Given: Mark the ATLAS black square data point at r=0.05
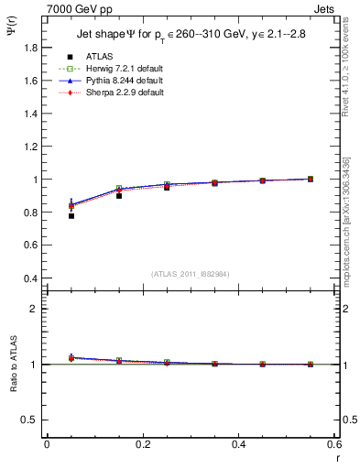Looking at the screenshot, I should click(71, 216).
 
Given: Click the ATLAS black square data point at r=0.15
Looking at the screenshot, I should click(119, 196).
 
